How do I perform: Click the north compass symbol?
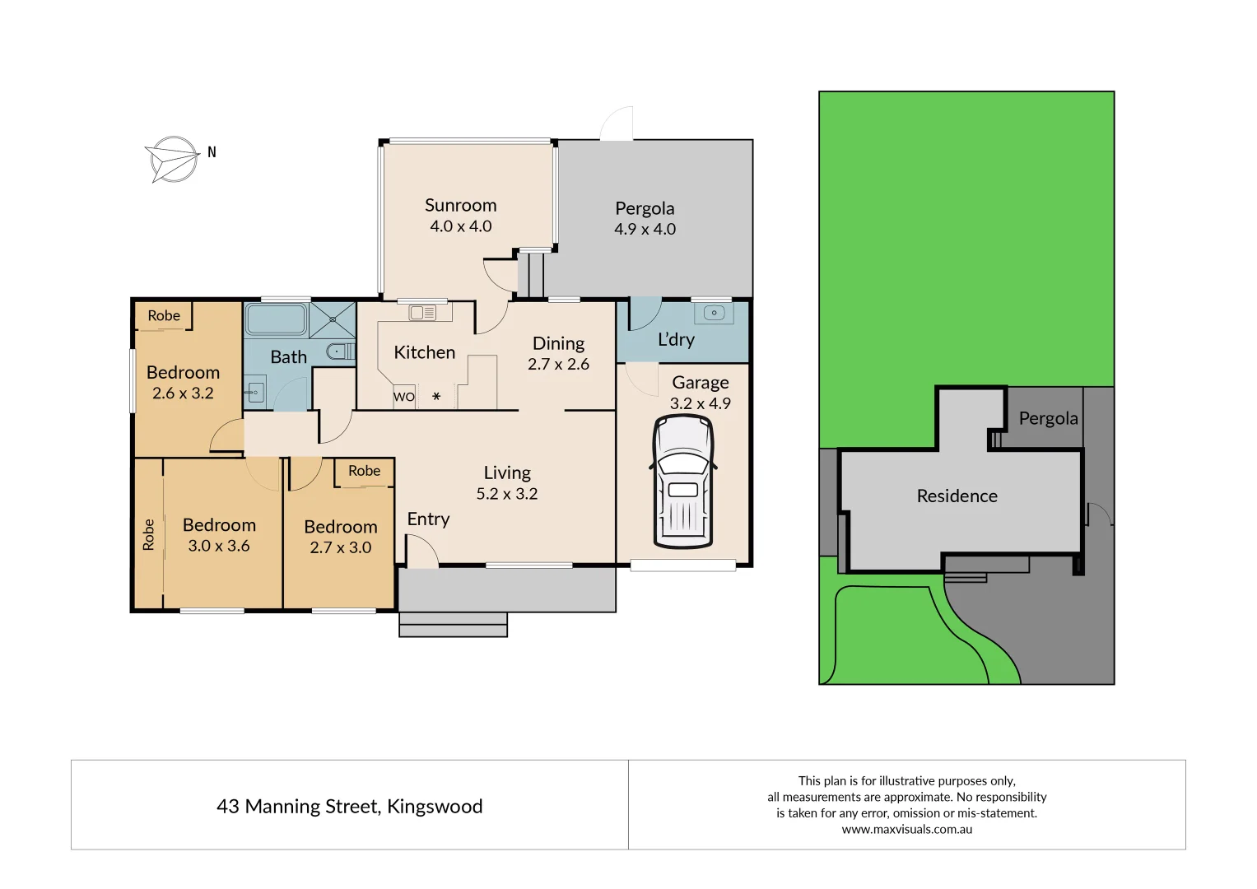tap(174, 159)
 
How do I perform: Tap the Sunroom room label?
tap(460, 206)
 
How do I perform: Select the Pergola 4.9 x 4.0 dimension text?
tap(645, 230)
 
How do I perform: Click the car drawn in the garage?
tap(682, 482)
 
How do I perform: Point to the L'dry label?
tap(676, 339)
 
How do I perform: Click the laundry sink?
tap(714, 313)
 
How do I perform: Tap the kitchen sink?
tap(423, 313)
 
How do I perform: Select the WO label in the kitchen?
tap(403, 397)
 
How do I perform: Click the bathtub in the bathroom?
tap(276, 319)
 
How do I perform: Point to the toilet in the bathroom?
tap(338, 351)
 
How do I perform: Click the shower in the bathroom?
tap(333, 320)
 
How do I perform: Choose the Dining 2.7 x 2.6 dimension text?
tap(558, 365)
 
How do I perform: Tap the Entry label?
tap(428, 519)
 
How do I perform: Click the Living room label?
tap(507, 473)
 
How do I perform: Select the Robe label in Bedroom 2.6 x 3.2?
tap(164, 315)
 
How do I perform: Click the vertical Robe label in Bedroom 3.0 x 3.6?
tap(148, 534)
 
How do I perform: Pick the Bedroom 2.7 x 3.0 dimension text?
tap(340, 547)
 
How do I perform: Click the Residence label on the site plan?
tap(957, 496)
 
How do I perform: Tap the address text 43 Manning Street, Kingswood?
tap(349, 807)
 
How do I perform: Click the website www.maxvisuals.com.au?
tap(906, 830)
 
